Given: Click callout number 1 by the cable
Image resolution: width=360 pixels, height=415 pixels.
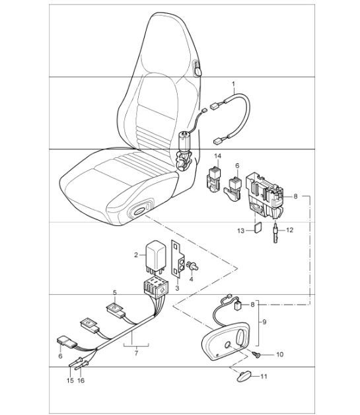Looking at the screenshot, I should pyautogui.click(x=233, y=84).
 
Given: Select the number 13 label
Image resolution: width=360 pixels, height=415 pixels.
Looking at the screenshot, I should pyautogui.click(x=242, y=230).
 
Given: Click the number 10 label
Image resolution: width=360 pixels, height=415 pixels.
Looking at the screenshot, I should pyautogui.click(x=279, y=355).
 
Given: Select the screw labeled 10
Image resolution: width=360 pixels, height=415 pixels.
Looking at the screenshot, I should pyautogui.click(x=256, y=356).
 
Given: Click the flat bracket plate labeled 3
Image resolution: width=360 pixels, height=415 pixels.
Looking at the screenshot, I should pyautogui.click(x=179, y=260).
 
